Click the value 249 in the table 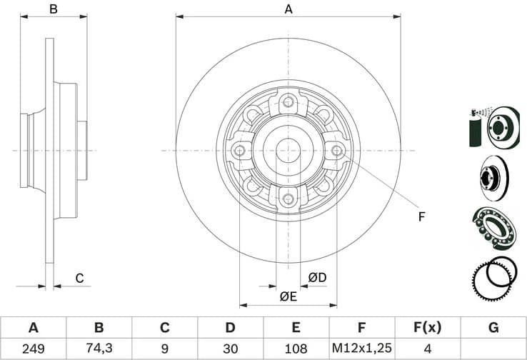[33, 349]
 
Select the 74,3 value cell [99, 349]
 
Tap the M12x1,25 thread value [361, 349]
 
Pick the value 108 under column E [296, 349]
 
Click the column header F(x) [428, 328]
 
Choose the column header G [493, 328]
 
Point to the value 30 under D [230, 349]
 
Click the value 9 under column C [164, 349]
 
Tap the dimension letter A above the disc [288, 9]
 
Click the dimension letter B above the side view [53, 9]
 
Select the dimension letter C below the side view [80, 278]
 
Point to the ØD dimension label [317, 277]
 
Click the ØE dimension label [288, 296]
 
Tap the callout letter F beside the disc [422, 216]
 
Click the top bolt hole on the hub [288, 101]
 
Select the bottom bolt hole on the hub [288, 199]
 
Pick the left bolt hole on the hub [239, 150]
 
